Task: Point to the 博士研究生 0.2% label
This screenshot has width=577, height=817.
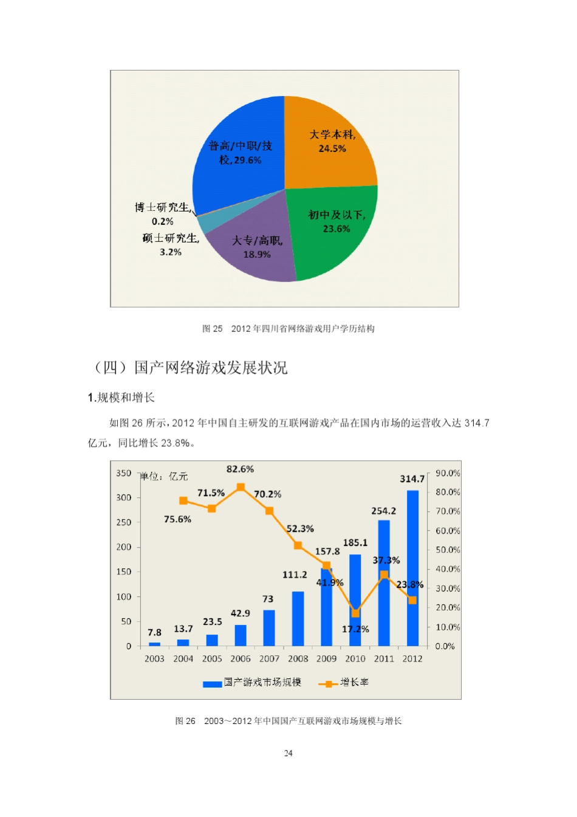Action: tap(163, 214)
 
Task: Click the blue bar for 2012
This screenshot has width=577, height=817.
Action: tap(412, 568)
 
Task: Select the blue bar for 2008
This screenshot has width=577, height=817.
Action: tap(298, 619)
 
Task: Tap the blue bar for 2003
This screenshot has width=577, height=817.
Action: tap(154, 644)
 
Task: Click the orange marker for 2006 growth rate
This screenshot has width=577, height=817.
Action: tap(241, 487)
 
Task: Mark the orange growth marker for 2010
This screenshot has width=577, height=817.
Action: tap(355, 613)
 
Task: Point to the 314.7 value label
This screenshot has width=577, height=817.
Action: tap(412, 479)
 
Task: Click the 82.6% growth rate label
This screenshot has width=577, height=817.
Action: tap(240, 469)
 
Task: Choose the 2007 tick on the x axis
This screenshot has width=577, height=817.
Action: tap(269, 658)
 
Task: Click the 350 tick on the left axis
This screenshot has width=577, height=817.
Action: tap(124, 473)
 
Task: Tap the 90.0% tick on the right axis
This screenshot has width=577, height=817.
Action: tap(448, 473)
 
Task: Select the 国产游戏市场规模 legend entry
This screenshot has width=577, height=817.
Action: tap(253, 683)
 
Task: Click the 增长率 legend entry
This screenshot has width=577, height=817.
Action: tap(344, 683)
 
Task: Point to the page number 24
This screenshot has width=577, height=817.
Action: tap(288, 753)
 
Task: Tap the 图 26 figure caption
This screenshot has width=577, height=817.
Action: tap(288, 721)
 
